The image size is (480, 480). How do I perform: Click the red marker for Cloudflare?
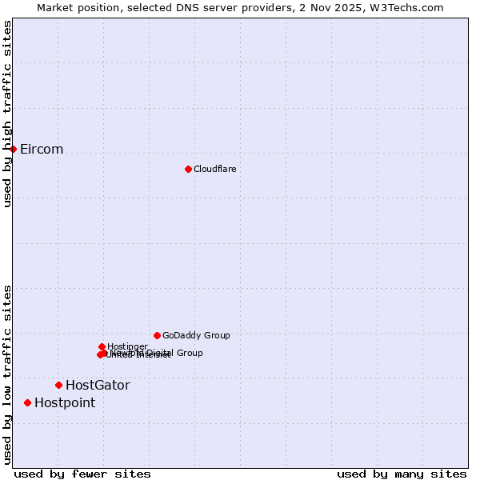point(188,169)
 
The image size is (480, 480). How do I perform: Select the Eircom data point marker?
point(13,149)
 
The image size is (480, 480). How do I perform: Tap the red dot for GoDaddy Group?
point(157,335)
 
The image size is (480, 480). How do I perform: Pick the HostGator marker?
point(58,385)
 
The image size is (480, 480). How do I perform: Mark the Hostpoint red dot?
point(27,402)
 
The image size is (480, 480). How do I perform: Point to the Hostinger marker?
point(102,346)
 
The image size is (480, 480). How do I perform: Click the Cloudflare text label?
point(214,169)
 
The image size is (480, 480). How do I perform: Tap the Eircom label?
point(42,150)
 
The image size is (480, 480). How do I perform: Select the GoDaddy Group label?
point(196,335)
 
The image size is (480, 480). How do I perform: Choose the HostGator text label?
point(98,386)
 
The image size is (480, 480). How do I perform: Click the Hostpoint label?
point(65,403)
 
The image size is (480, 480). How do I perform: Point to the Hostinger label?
point(127,346)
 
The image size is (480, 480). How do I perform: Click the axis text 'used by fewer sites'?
point(82,474)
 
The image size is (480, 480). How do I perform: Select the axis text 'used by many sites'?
point(402,474)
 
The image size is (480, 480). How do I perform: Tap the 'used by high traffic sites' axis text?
point(7,114)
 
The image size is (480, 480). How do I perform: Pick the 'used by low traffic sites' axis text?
point(7,374)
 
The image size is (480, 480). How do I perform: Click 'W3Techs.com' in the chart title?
point(410,7)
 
